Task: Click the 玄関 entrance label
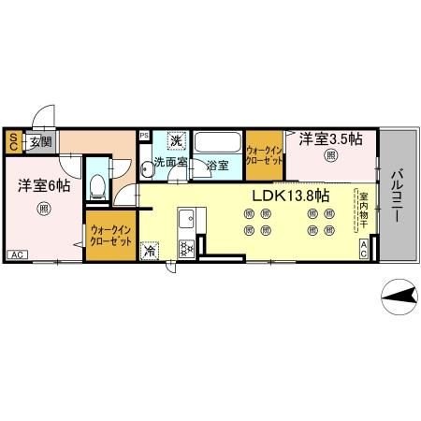(x=39, y=142)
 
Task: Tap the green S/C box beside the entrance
(x=14, y=141)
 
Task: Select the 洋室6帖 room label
(x=43, y=185)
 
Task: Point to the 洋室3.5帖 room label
(x=332, y=139)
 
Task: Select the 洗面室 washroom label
(x=171, y=163)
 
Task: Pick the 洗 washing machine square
(x=174, y=141)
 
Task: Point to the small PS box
(x=144, y=135)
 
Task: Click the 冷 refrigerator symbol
(x=150, y=250)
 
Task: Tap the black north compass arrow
(x=398, y=298)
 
